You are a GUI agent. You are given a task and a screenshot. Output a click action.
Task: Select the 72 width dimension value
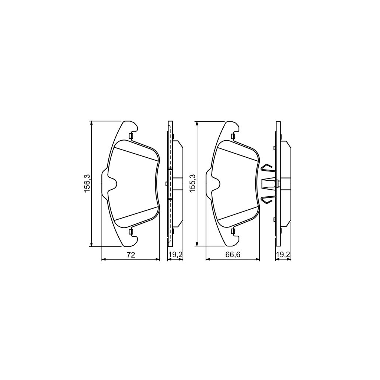coord(130,255)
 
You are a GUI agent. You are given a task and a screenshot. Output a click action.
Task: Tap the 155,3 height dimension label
coord(192,183)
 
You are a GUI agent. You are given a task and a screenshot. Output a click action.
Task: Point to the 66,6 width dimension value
coord(233,255)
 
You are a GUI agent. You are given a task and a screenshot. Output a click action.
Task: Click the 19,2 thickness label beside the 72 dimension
coord(175,255)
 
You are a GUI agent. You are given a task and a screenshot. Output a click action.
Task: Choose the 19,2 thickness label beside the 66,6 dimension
coord(283,255)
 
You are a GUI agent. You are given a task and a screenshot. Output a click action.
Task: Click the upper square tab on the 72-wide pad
coord(130,136)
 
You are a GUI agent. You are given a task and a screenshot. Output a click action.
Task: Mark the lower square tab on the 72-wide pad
coord(130,232)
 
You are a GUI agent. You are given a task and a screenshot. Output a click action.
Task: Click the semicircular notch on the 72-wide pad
coord(113,183)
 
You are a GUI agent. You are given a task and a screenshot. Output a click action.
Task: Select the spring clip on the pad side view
coord(269,183)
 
